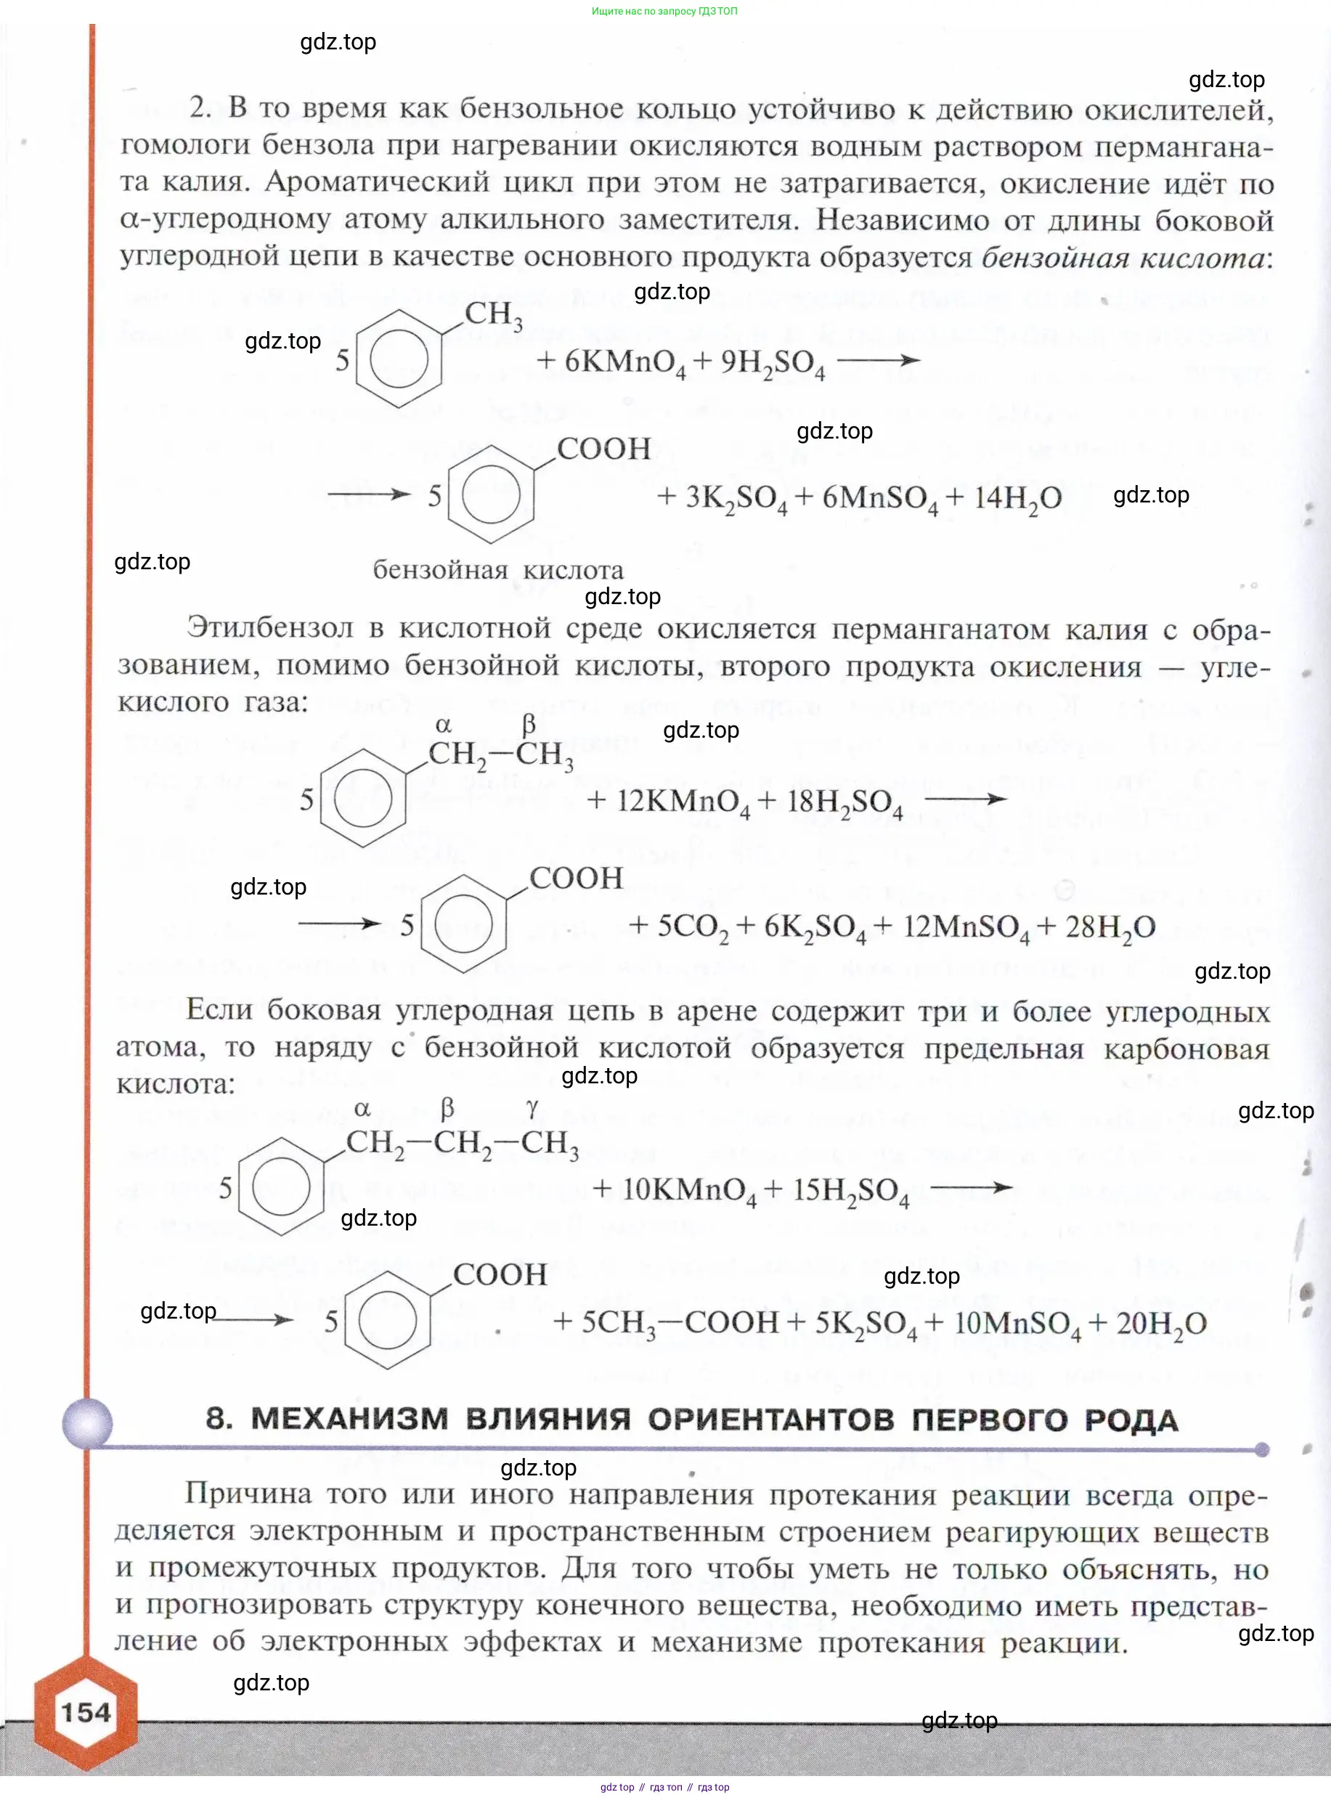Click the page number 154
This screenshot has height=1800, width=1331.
(86, 1711)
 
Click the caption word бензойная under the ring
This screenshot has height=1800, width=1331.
(440, 571)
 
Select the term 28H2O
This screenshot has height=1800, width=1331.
(1110, 927)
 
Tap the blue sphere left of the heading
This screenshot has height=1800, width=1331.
(87, 1422)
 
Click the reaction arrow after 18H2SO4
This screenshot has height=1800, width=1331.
(965, 799)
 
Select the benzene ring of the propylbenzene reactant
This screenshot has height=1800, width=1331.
(281, 1186)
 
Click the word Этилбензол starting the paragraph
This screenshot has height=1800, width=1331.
(270, 627)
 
